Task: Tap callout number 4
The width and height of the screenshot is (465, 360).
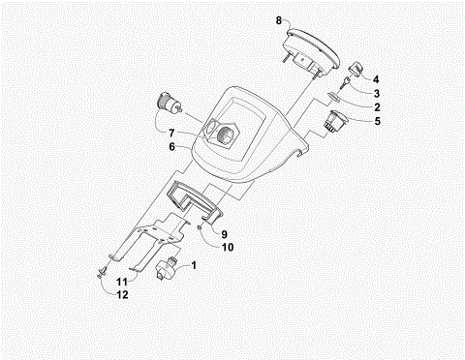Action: [377, 78]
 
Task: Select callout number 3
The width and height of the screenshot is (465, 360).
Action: [377, 93]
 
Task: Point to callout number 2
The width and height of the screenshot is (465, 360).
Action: [377, 106]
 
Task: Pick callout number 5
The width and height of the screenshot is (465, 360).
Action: [377, 121]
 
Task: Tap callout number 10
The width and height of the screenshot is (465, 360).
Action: [228, 248]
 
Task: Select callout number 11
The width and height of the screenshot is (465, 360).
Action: [123, 281]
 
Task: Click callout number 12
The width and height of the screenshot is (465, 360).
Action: [123, 295]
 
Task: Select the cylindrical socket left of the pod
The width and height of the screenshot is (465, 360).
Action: [172, 103]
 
